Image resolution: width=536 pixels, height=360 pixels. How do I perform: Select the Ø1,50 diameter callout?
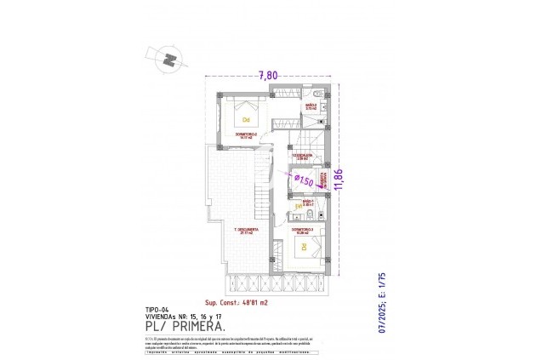[303, 180]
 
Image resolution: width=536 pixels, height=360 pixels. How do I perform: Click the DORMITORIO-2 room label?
[245, 134]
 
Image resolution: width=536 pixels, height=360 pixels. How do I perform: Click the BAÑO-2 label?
[311, 106]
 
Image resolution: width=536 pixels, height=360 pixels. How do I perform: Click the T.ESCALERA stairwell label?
[302, 157]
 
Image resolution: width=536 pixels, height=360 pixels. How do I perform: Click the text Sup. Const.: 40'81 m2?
[237, 302]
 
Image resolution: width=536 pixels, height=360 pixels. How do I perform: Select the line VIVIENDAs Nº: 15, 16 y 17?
[178, 316]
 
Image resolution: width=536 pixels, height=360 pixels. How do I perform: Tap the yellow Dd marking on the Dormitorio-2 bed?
[245, 119]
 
